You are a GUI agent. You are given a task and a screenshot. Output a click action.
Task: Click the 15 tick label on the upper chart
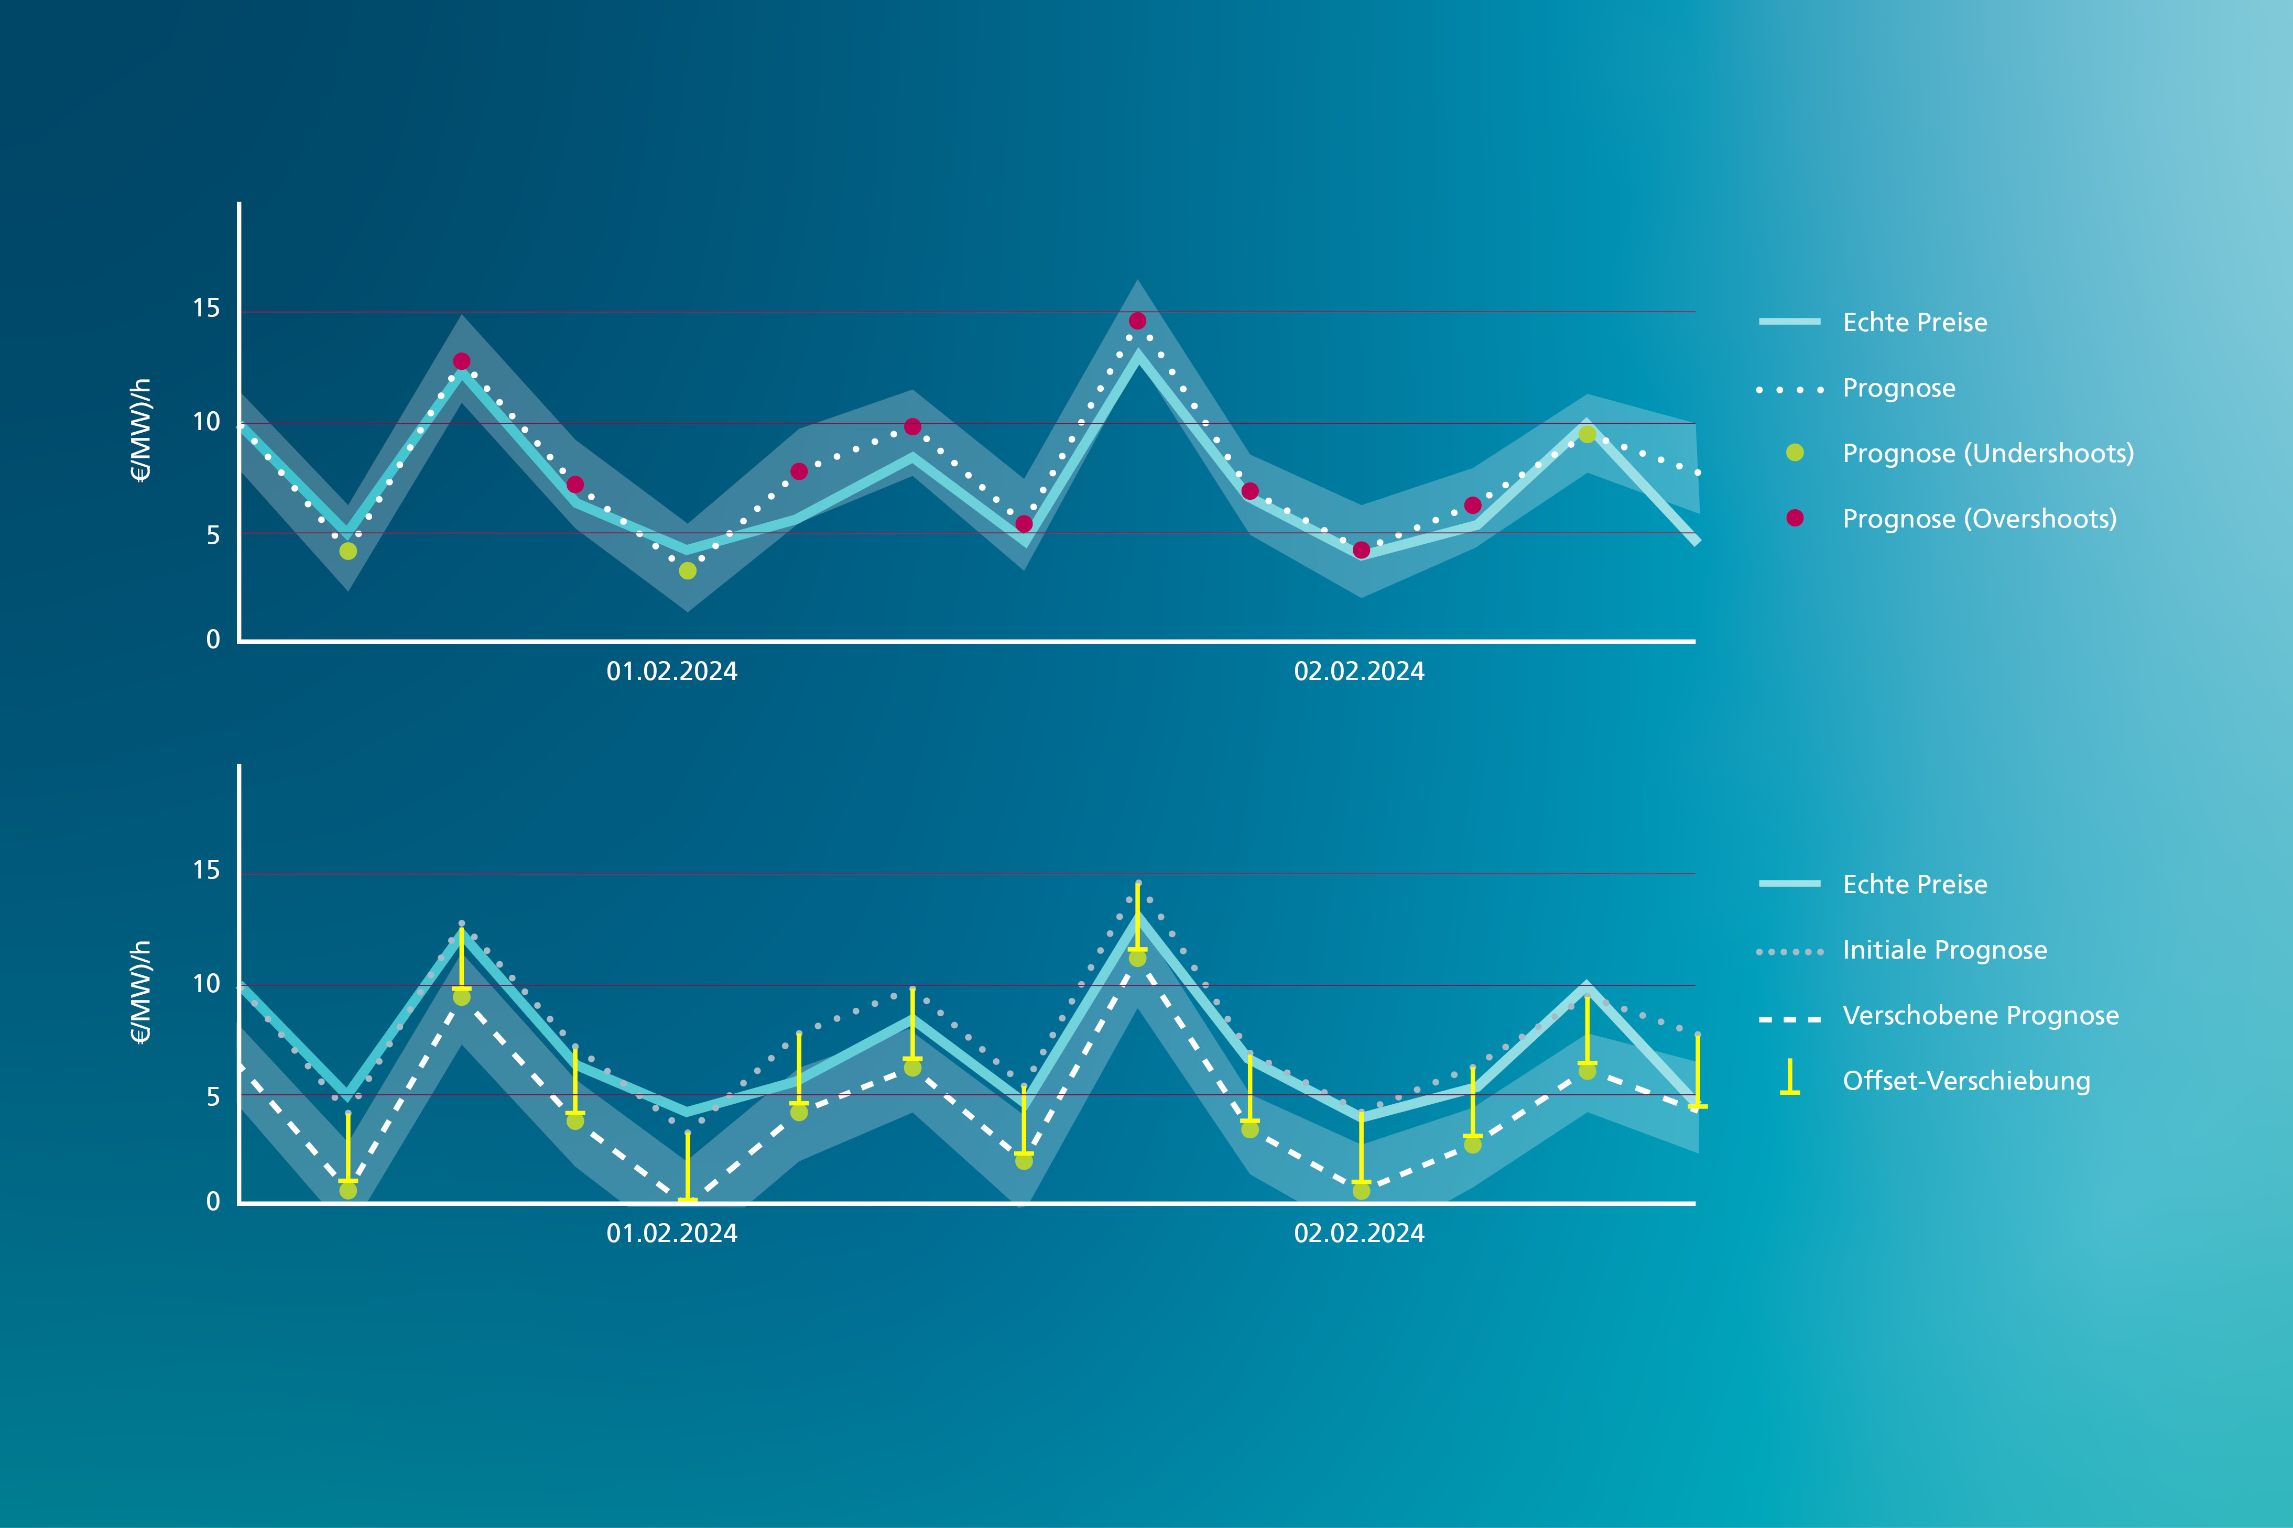(207, 309)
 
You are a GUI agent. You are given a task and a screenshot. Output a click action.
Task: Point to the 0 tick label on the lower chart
(213, 1202)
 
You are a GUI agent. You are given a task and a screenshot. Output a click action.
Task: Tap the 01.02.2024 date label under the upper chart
(672, 672)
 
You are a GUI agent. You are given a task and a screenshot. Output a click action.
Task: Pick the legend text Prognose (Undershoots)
(1988, 453)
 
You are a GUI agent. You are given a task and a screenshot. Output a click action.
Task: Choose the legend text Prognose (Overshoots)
(1979, 519)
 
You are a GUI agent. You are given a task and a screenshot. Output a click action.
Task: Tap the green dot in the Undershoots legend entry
(1795, 452)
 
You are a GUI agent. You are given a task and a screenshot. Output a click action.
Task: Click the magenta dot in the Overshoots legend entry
(1795, 518)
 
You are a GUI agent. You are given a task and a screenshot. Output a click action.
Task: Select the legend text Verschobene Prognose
(1980, 1015)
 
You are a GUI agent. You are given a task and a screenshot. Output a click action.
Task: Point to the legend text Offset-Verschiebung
(1966, 1081)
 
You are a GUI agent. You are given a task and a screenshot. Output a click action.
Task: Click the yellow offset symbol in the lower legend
(1790, 1077)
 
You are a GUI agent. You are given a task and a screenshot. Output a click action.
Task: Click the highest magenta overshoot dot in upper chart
(1137, 321)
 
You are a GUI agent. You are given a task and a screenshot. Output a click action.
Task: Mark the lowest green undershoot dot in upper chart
(687, 571)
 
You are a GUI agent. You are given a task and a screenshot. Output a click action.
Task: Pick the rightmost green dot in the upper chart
(1587, 435)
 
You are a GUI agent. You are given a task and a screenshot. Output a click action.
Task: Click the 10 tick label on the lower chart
(207, 984)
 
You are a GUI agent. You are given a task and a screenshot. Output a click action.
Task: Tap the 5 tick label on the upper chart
(213, 535)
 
